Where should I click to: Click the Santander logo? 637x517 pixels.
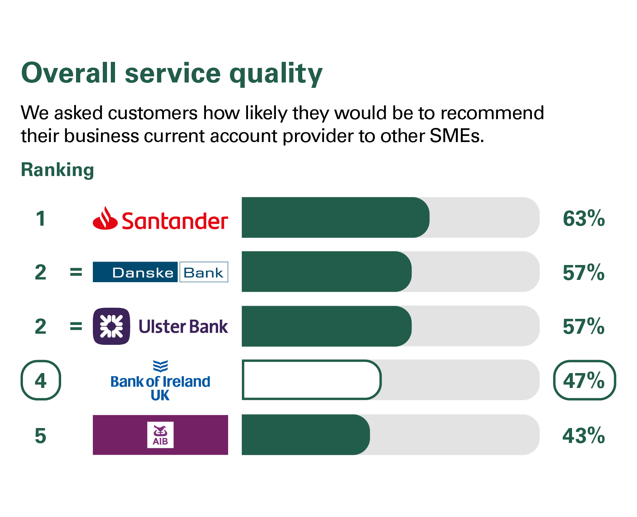point(160,218)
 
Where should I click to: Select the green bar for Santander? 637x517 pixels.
point(335,218)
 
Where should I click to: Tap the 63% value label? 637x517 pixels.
point(584,218)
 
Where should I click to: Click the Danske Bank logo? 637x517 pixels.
point(160,272)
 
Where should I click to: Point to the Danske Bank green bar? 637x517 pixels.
point(326,272)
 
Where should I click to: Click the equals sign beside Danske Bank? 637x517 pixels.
point(76,273)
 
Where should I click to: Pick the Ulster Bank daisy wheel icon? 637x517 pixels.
point(111,326)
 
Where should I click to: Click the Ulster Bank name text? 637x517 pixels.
point(183,327)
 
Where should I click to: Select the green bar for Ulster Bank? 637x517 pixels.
point(326,326)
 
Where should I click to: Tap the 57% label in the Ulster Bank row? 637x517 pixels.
point(584,326)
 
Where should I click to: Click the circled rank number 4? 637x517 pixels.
point(41,380)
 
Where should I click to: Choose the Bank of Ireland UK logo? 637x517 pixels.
point(160,381)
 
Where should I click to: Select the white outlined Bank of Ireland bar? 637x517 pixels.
point(311,380)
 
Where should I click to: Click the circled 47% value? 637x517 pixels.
point(584,380)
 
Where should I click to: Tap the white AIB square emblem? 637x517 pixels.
point(160,435)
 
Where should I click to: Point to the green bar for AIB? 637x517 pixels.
point(306,435)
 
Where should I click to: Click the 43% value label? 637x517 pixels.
point(584,435)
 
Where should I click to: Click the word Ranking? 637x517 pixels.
point(57,170)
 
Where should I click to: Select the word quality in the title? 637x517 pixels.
point(276,73)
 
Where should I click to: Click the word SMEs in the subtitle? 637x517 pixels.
point(457,136)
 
